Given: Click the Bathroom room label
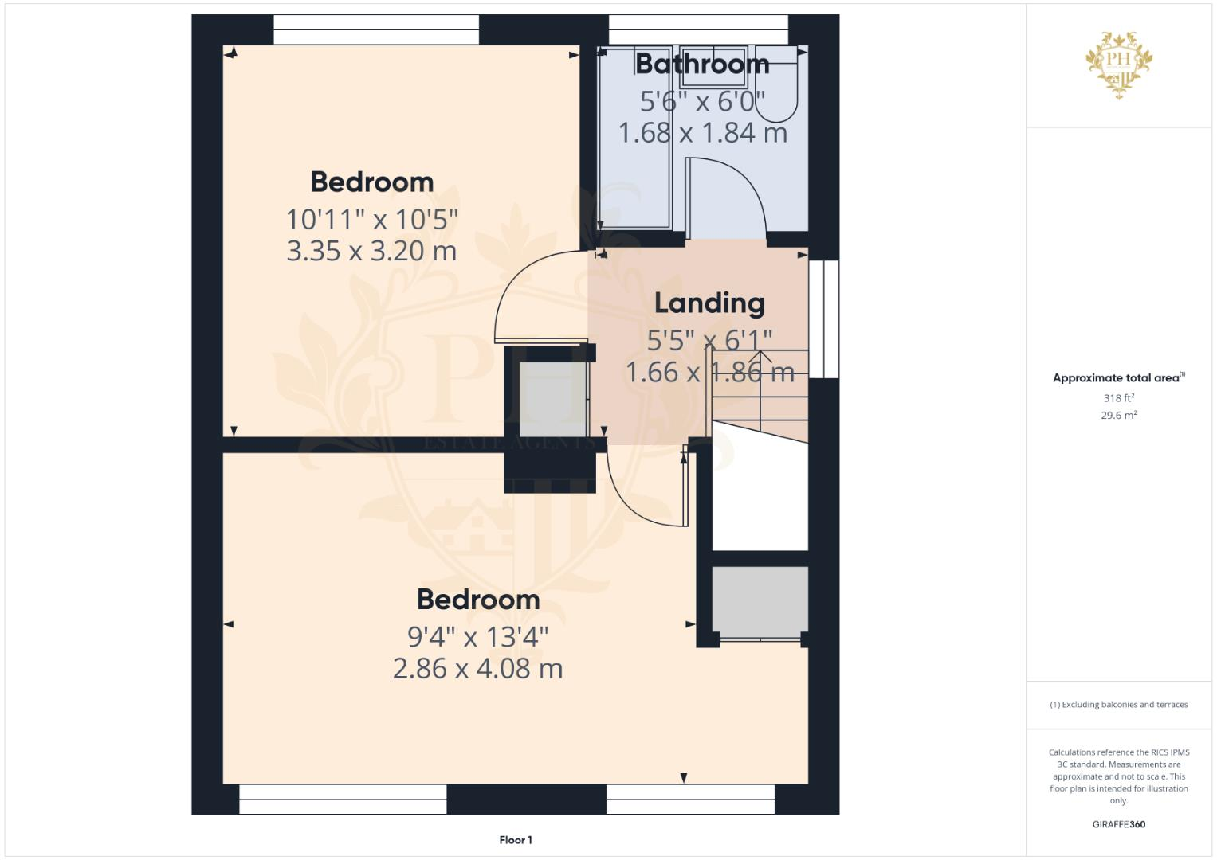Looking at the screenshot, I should pyautogui.click(x=702, y=64).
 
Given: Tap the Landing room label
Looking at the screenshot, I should pyautogui.click(x=709, y=303).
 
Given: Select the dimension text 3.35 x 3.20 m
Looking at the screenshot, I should pyautogui.click(x=371, y=251).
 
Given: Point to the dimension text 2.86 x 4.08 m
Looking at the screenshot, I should pyautogui.click(x=477, y=668).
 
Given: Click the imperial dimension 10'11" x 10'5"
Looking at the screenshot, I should pyautogui.click(x=371, y=218).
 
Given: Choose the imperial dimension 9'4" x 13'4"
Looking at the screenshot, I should pyautogui.click(x=477, y=636).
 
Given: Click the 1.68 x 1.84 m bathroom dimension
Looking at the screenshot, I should pyautogui.click(x=702, y=133).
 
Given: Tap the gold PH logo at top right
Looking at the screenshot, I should pyautogui.click(x=1119, y=64).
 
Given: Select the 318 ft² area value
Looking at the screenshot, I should pyautogui.click(x=1118, y=398).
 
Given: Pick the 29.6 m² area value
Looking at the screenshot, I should pyautogui.click(x=1118, y=416).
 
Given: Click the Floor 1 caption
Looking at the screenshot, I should pyautogui.click(x=515, y=840).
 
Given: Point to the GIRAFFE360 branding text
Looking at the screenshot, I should pyautogui.click(x=1118, y=825).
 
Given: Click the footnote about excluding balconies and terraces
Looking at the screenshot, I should pyautogui.click(x=1118, y=705).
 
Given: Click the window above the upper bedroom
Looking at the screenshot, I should pyautogui.click(x=376, y=30).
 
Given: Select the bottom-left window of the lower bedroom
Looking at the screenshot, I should pyautogui.click(x=343, y=799).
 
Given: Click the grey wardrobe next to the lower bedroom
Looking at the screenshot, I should pyautogui.click(x=760, y=600).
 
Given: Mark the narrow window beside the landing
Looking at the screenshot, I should pyautogui.click(x=830, y=319).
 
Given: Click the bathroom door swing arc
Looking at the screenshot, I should pyautogui.click(x=737, y=187).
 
